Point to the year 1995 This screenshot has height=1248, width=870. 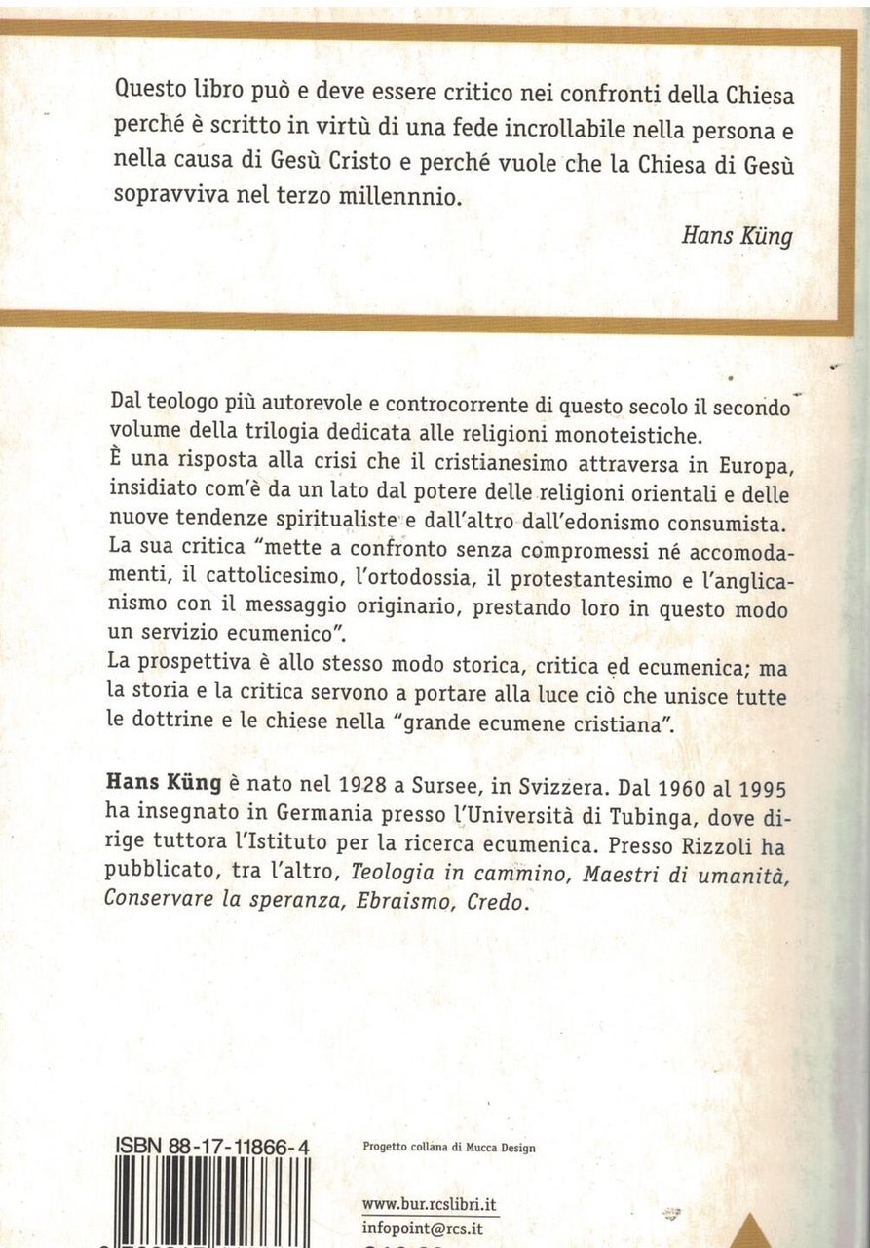click(x=762, y=782)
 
